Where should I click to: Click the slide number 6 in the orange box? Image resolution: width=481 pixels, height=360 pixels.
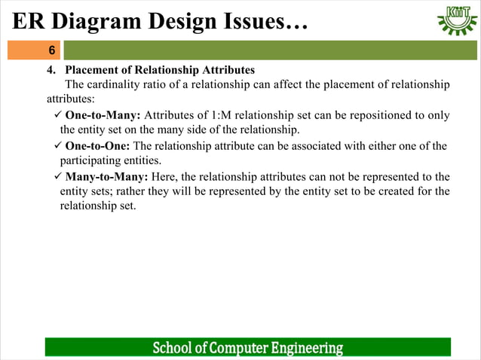coord(51,50)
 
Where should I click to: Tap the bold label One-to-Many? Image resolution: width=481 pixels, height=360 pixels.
coord(103,115)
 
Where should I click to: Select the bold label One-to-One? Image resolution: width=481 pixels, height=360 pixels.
coord(97,146)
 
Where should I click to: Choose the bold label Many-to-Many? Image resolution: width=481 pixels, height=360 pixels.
coord(106,177)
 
